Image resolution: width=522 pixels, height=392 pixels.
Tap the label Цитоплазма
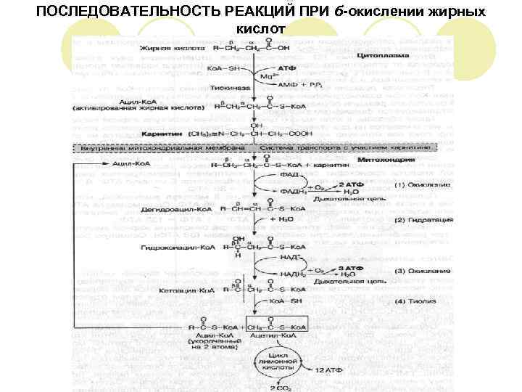[x=383, y=55]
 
